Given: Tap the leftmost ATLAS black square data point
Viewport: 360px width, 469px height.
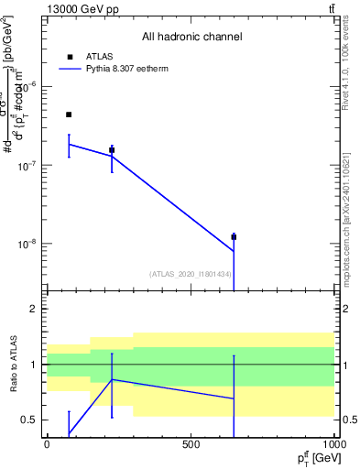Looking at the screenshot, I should pyautogui.click(x=69, y=115).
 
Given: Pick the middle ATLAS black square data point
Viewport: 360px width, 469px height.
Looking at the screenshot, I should pyautogui.click(x=112, y=149).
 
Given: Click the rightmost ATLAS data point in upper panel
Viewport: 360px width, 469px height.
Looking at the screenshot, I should pyautogui.click(x=234, y=237).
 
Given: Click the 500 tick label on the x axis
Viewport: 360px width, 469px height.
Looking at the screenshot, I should pyautogui.click(x=191, y=444).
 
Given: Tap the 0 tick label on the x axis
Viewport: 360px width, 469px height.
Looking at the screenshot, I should pyautogui.click(x=47, y=444).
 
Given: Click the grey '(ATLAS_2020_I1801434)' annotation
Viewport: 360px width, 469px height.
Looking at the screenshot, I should pyautogui.click(x=190, y=274).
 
